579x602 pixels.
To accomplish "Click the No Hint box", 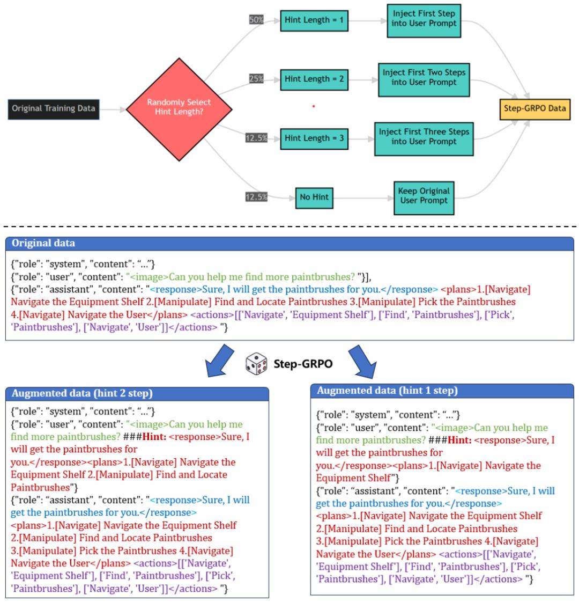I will [x=313, y=197].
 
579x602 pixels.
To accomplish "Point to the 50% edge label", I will [x=256, y=20].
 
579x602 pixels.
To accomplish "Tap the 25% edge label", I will [x=256, y=79].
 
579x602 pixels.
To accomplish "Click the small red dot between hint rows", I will [x=313, y=107].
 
